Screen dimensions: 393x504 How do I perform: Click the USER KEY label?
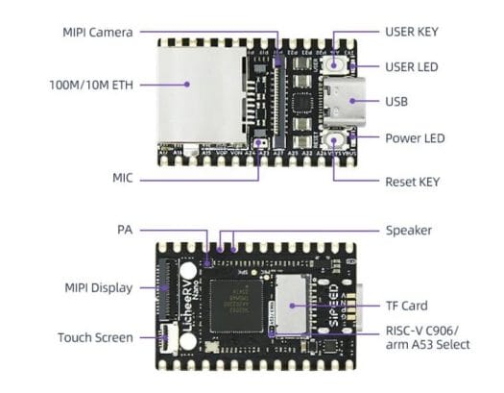click(x=412, y=32)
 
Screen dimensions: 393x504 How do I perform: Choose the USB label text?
click(x=396, y=100)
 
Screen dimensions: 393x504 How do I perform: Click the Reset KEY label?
click(x=412, y=180)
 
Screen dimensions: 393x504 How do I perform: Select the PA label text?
click(x=124, y=231)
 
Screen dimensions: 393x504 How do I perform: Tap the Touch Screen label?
click(x=94, y=337)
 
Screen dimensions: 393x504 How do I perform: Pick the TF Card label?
click(x=406, y=307)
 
